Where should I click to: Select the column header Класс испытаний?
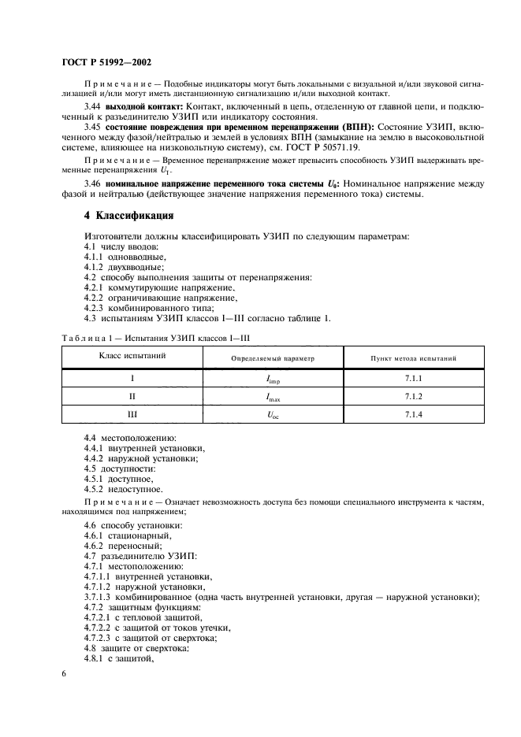(132, 357)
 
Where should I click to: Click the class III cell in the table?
(132, 413)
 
